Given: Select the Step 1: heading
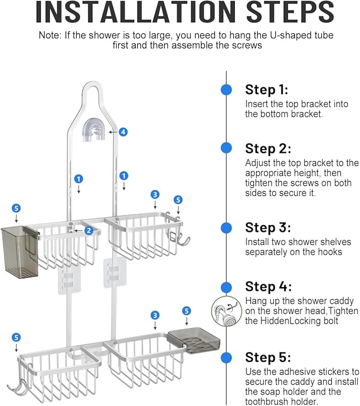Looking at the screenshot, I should (x=266, y=90).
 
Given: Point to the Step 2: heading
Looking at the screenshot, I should (x=268, y=149).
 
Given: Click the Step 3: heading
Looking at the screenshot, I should (x=268, y=228).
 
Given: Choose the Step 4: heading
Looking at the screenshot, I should (x=268, y=287).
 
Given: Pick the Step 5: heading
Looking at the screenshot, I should (x=268, y=357).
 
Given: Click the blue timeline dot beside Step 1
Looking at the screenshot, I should (x=226, y=90).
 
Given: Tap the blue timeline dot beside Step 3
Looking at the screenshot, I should (x=226, y=228).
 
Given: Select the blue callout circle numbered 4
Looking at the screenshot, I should (x=123, y=132).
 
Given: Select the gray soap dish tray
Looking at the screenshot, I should (x=193, y=340).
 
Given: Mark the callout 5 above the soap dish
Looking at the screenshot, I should (x=186, y=311).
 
